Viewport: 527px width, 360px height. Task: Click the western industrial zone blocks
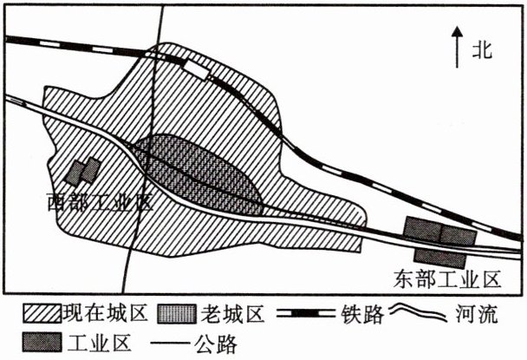click(83, 171)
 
